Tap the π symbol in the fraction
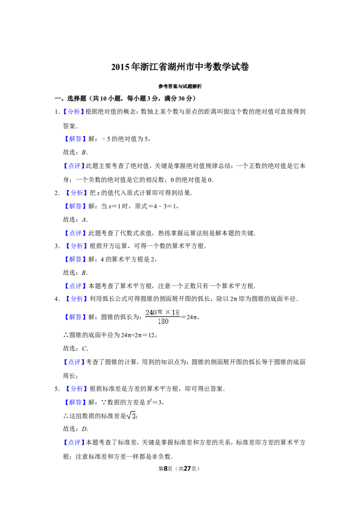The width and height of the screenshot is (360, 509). point(162,313)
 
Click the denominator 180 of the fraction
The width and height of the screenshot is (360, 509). point(163,322)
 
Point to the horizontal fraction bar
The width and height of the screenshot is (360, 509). point(163,317)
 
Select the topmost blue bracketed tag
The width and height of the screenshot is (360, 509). point(73,112)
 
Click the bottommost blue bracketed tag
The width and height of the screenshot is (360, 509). point(73,442)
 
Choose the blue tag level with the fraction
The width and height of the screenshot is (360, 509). point(75,317)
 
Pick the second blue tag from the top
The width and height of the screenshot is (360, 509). point(75,139)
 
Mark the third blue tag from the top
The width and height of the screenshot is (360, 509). point(73,166)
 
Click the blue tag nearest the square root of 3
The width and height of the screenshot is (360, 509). point(75,402)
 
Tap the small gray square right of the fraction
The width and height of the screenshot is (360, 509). point(182,317)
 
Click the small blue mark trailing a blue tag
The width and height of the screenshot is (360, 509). point(88,249)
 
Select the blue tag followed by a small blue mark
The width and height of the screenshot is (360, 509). point(76,246)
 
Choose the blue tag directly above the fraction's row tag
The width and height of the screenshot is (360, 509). point(76,299)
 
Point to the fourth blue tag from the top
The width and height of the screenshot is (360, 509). point(76,193)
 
